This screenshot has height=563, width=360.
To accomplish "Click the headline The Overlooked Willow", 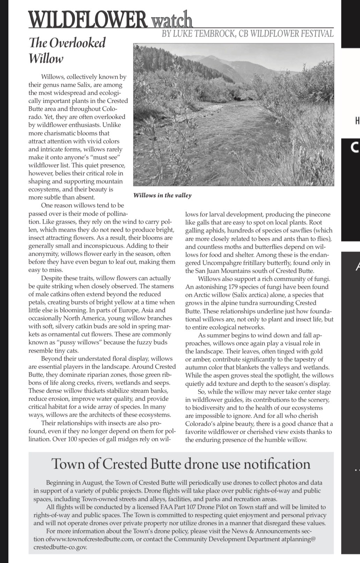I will point(67,50).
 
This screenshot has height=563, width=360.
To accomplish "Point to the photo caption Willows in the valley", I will point(162,195).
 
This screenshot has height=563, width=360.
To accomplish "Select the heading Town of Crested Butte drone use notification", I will point(181,464).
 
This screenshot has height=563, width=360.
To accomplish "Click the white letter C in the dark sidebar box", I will point(354,148).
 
